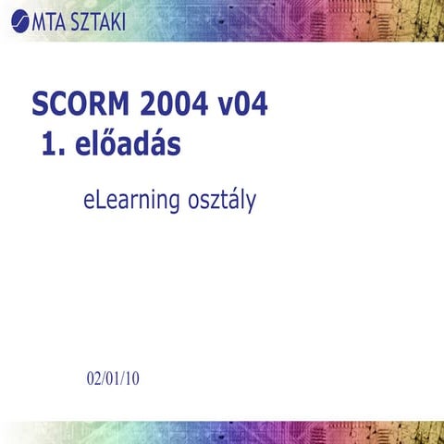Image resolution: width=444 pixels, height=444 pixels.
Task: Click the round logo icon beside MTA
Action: [x=18, y=20]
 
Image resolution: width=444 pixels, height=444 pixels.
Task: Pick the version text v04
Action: [x=243, y=104]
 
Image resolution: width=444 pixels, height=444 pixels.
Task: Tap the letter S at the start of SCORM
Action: [x=40, y=104]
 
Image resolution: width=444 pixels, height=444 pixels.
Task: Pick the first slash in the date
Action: [x=103, y=379]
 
